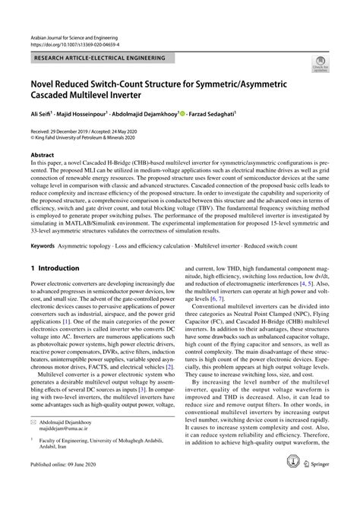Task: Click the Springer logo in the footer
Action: click(x=314, y=484)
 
